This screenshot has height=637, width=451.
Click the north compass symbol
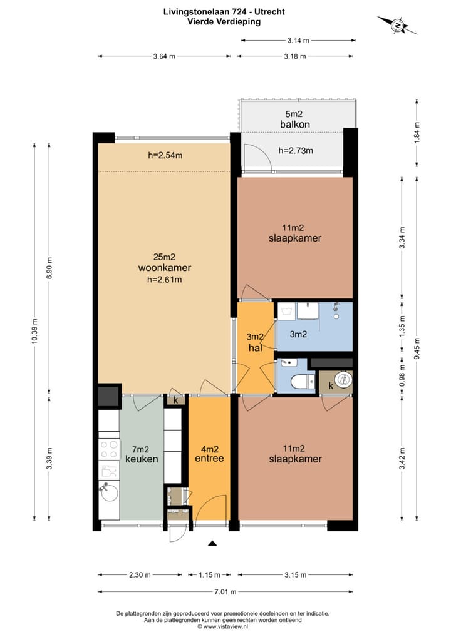[397, 26]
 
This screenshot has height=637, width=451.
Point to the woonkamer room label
[164, 268]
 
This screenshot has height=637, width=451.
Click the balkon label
[295, 125]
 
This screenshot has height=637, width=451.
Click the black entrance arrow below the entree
[212, 543]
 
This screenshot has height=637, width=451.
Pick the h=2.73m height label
[296, 150]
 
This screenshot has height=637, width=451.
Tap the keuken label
[142, 459]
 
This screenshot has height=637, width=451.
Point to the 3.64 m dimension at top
[163, 56]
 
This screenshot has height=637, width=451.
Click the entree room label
[210, 459]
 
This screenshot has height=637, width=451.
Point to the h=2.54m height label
[165, 156]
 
